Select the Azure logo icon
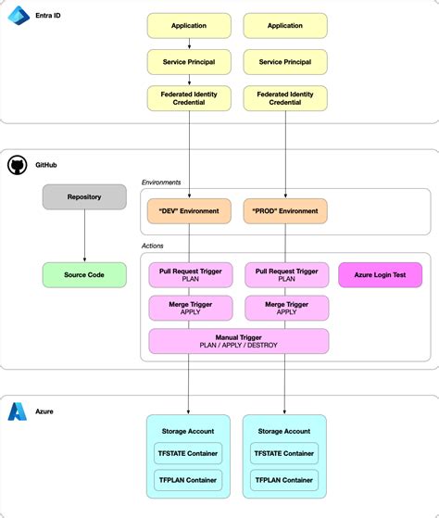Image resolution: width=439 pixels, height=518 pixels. (18, 411)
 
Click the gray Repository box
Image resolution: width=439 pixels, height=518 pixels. (84, 196)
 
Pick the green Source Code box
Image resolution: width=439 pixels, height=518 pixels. (84, 274)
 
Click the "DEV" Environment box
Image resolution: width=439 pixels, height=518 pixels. (189, 211)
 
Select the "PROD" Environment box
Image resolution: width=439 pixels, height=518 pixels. (285, 211)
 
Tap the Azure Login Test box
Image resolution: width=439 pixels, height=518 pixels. (381, 274)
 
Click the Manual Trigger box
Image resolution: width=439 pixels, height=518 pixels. (238, 340)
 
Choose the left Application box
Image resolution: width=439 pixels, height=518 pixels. (189, 26)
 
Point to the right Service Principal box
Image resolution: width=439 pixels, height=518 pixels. (285, 62)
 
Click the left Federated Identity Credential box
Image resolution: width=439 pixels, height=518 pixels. (189, 98)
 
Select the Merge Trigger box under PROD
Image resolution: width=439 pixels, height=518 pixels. (285, 308)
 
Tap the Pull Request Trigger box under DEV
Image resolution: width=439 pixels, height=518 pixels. (189, 274)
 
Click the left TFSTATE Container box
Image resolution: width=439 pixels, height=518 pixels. (189, 453)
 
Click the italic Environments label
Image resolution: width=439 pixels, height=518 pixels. (161, 183)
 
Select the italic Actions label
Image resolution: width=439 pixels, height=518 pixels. (154, 246)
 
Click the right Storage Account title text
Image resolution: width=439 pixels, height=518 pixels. (285, 431)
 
